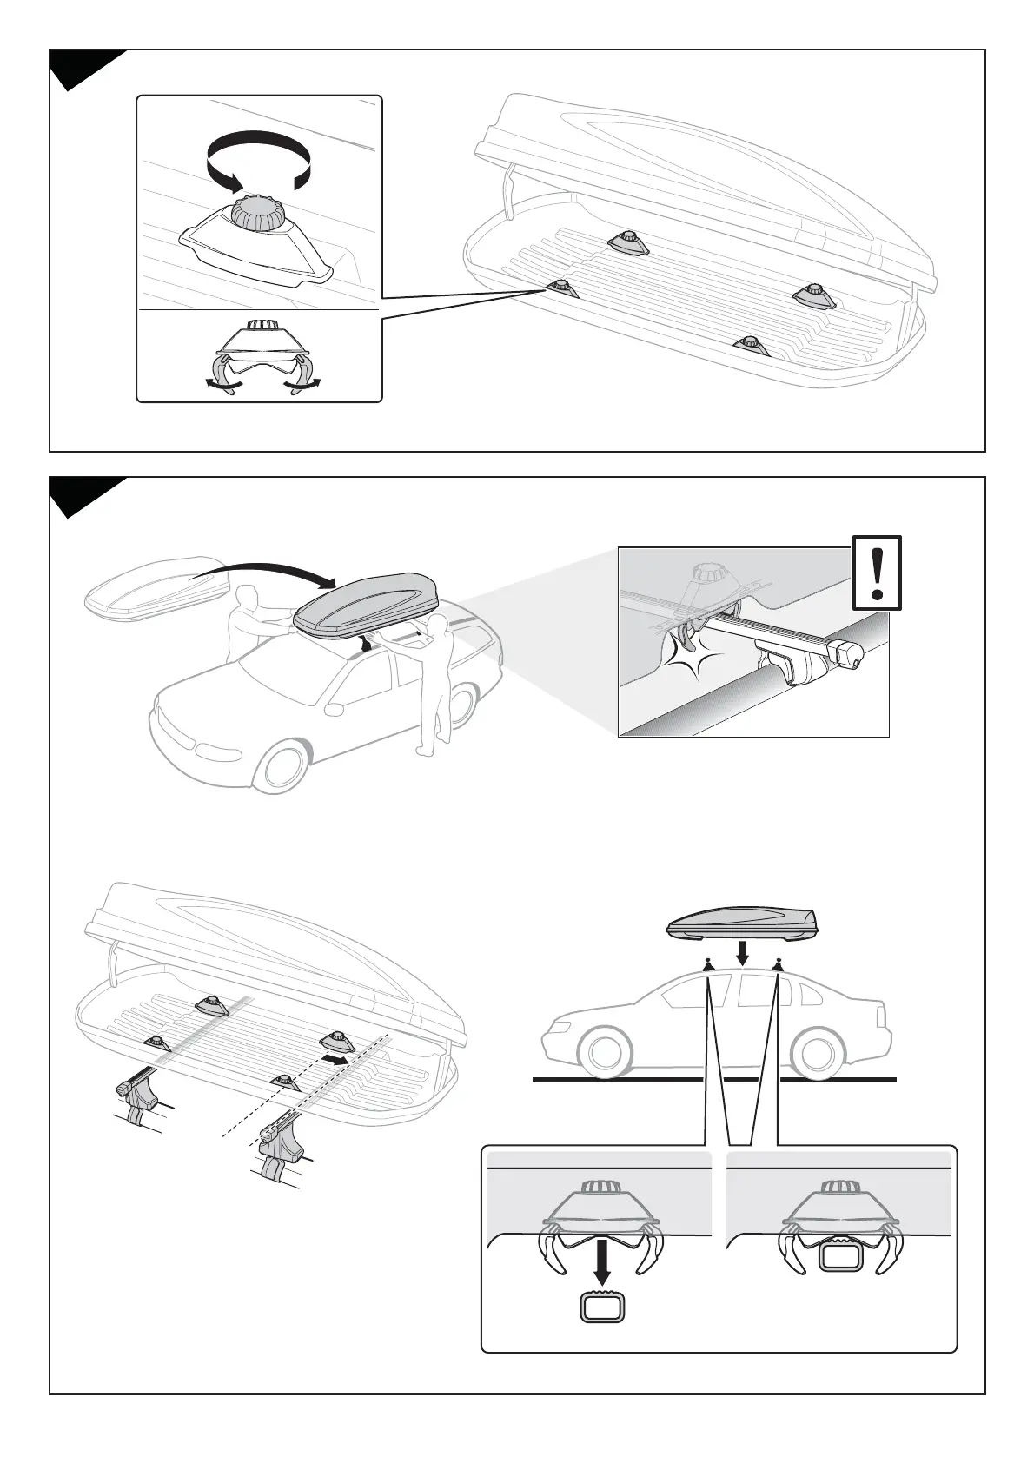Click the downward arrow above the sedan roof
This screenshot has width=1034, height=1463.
pyautogui.click(x=741, y=952)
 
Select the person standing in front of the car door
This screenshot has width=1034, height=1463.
pyautogui.click(x=433, y=678)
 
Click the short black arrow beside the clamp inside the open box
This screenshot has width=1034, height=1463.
pyautogui.click(x=335, y=1059)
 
